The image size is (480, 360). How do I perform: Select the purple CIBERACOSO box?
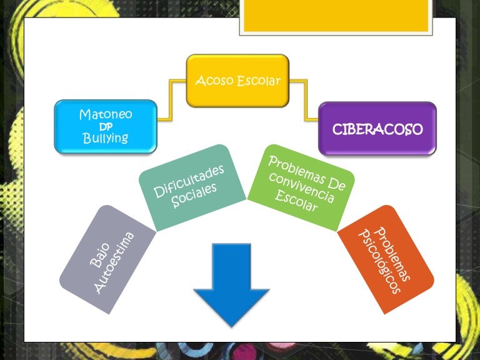(377, 129)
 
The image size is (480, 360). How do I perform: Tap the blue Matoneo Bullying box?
(105, 127)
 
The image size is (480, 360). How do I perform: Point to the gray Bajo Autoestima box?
(106, 260)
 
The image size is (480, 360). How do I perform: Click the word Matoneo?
(106, 114)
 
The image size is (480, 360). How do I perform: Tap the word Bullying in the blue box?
(105, 139)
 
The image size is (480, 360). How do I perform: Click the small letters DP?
(106, 127)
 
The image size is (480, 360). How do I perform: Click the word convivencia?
(302, 187)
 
